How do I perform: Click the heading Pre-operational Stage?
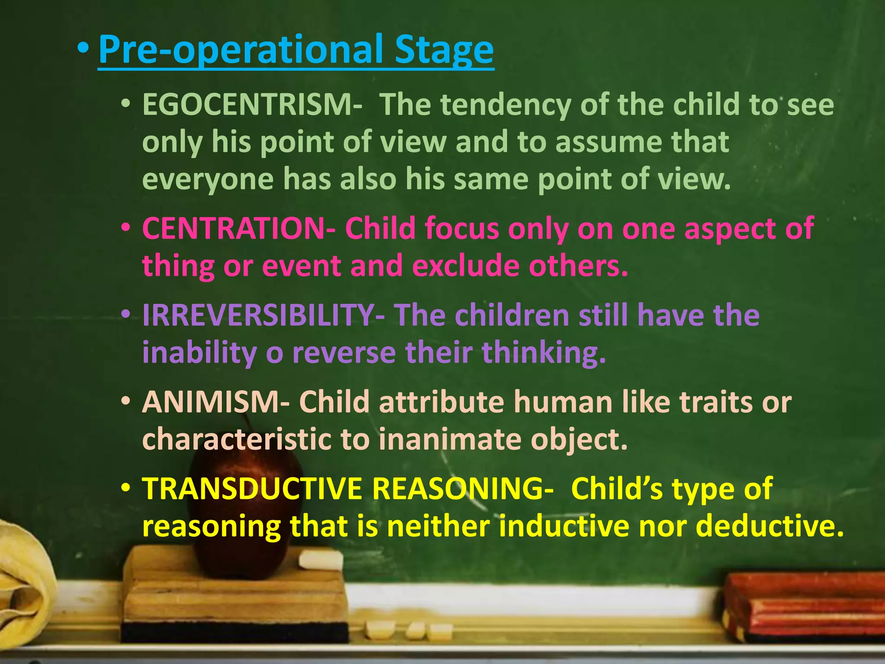(x=296, y=50)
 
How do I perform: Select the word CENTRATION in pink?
(x=233, y=228)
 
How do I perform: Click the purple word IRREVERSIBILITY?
(x=258, y=315)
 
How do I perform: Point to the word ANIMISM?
(x=210, y=402)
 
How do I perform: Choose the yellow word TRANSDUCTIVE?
(x=251, y=489)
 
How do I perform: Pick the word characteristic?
(x=236, y=440)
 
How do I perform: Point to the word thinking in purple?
(x=544, y=353)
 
